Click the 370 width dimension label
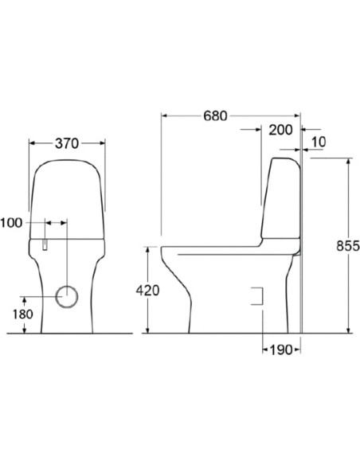[68, 143]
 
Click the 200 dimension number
[280, 130]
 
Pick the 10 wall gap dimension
[319, 143]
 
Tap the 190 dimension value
[281, 349]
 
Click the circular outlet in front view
[68, 295]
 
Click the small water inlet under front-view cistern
[46, 243]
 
